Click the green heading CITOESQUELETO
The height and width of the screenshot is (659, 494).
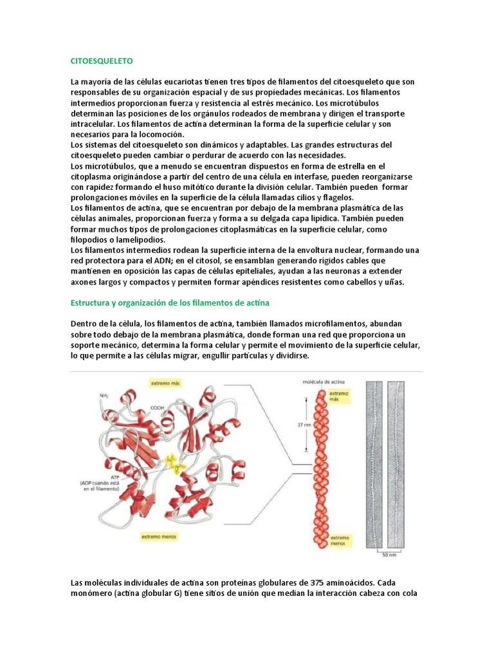pyautogui.click(x=101, y=60)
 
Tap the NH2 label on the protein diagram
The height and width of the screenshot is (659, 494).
pyautogui.click(x=104, y=395)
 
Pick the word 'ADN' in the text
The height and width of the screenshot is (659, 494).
pyautogui.click(x=165, y=260)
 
